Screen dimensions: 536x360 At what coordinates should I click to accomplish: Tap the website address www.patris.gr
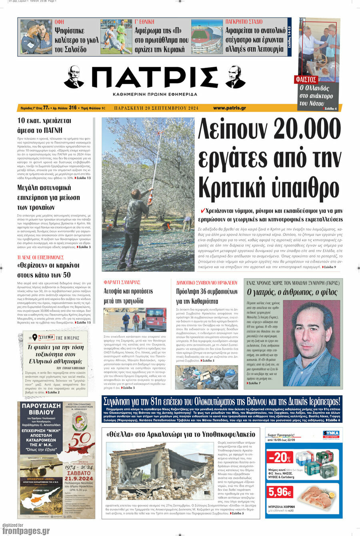point(229,108)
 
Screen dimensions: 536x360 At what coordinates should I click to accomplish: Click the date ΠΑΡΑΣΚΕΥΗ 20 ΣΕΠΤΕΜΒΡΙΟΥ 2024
point(156,108)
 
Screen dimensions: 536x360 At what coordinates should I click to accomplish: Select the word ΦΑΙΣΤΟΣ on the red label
point(306,79)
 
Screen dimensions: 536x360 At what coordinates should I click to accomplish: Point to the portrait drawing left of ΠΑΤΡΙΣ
point(74,77)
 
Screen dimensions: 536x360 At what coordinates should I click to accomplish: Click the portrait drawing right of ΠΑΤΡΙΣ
point(235,77)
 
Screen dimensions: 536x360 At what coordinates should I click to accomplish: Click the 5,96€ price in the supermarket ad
point(280,491)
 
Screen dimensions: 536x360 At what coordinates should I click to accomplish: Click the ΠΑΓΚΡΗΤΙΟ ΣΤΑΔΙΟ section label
point(244,22)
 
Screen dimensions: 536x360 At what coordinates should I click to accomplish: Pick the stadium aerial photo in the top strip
point(206,37)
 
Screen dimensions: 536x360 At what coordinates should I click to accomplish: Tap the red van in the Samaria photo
point(156,319)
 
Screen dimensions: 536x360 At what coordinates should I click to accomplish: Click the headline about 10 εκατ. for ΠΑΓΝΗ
point(44,125)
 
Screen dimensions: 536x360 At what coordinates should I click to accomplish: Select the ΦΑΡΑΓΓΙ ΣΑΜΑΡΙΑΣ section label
point(122,282)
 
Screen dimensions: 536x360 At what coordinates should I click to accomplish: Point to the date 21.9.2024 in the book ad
point(80,478)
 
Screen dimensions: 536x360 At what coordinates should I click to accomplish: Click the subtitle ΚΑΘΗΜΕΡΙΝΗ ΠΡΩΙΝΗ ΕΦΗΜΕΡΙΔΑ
point(155,94)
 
